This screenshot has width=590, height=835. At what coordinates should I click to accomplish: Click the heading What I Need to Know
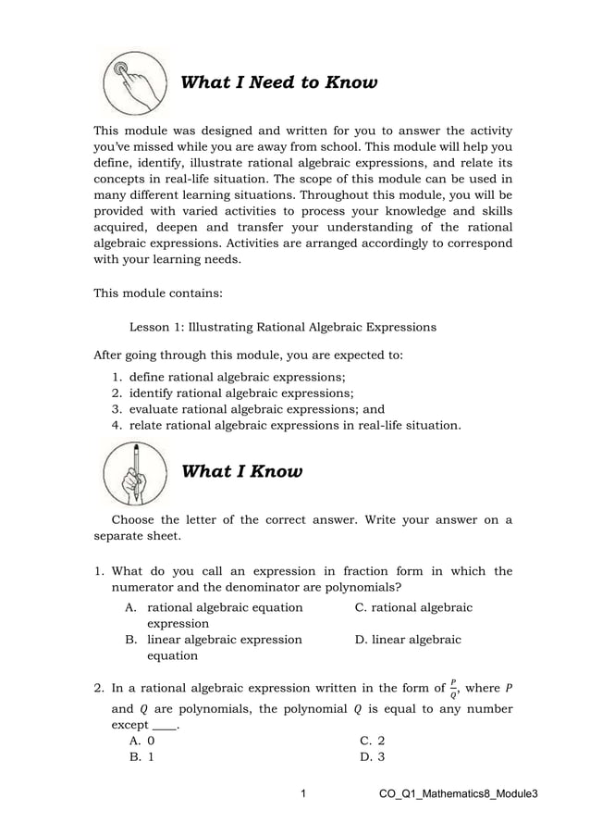pos(278,83)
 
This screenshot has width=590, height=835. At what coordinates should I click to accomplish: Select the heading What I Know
pos(241,472)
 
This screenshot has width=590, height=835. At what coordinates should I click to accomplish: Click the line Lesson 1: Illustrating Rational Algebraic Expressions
pos(283,327)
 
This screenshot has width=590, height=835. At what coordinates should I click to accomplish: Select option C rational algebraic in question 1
pos(414,607)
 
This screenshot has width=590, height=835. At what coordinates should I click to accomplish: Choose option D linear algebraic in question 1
pos(409,640)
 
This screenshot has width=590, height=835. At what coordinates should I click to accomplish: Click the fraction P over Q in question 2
pos(452,688)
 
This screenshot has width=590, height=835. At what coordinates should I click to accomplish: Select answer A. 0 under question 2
pos(141,741)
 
